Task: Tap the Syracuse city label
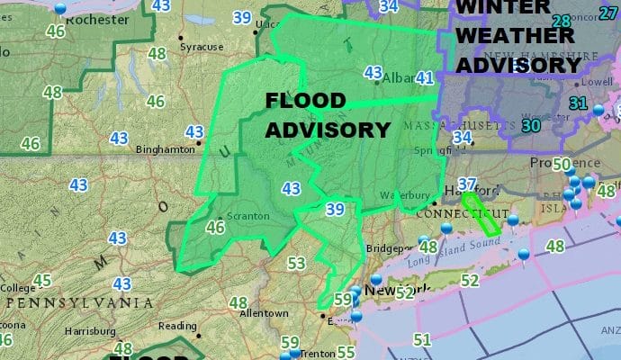coord(201,47)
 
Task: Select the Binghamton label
coord(158,150)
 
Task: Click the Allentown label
coord(264,313)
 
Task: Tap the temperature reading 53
coord(296,264)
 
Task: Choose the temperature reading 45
coord(41,280)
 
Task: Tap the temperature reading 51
coord(422,339)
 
